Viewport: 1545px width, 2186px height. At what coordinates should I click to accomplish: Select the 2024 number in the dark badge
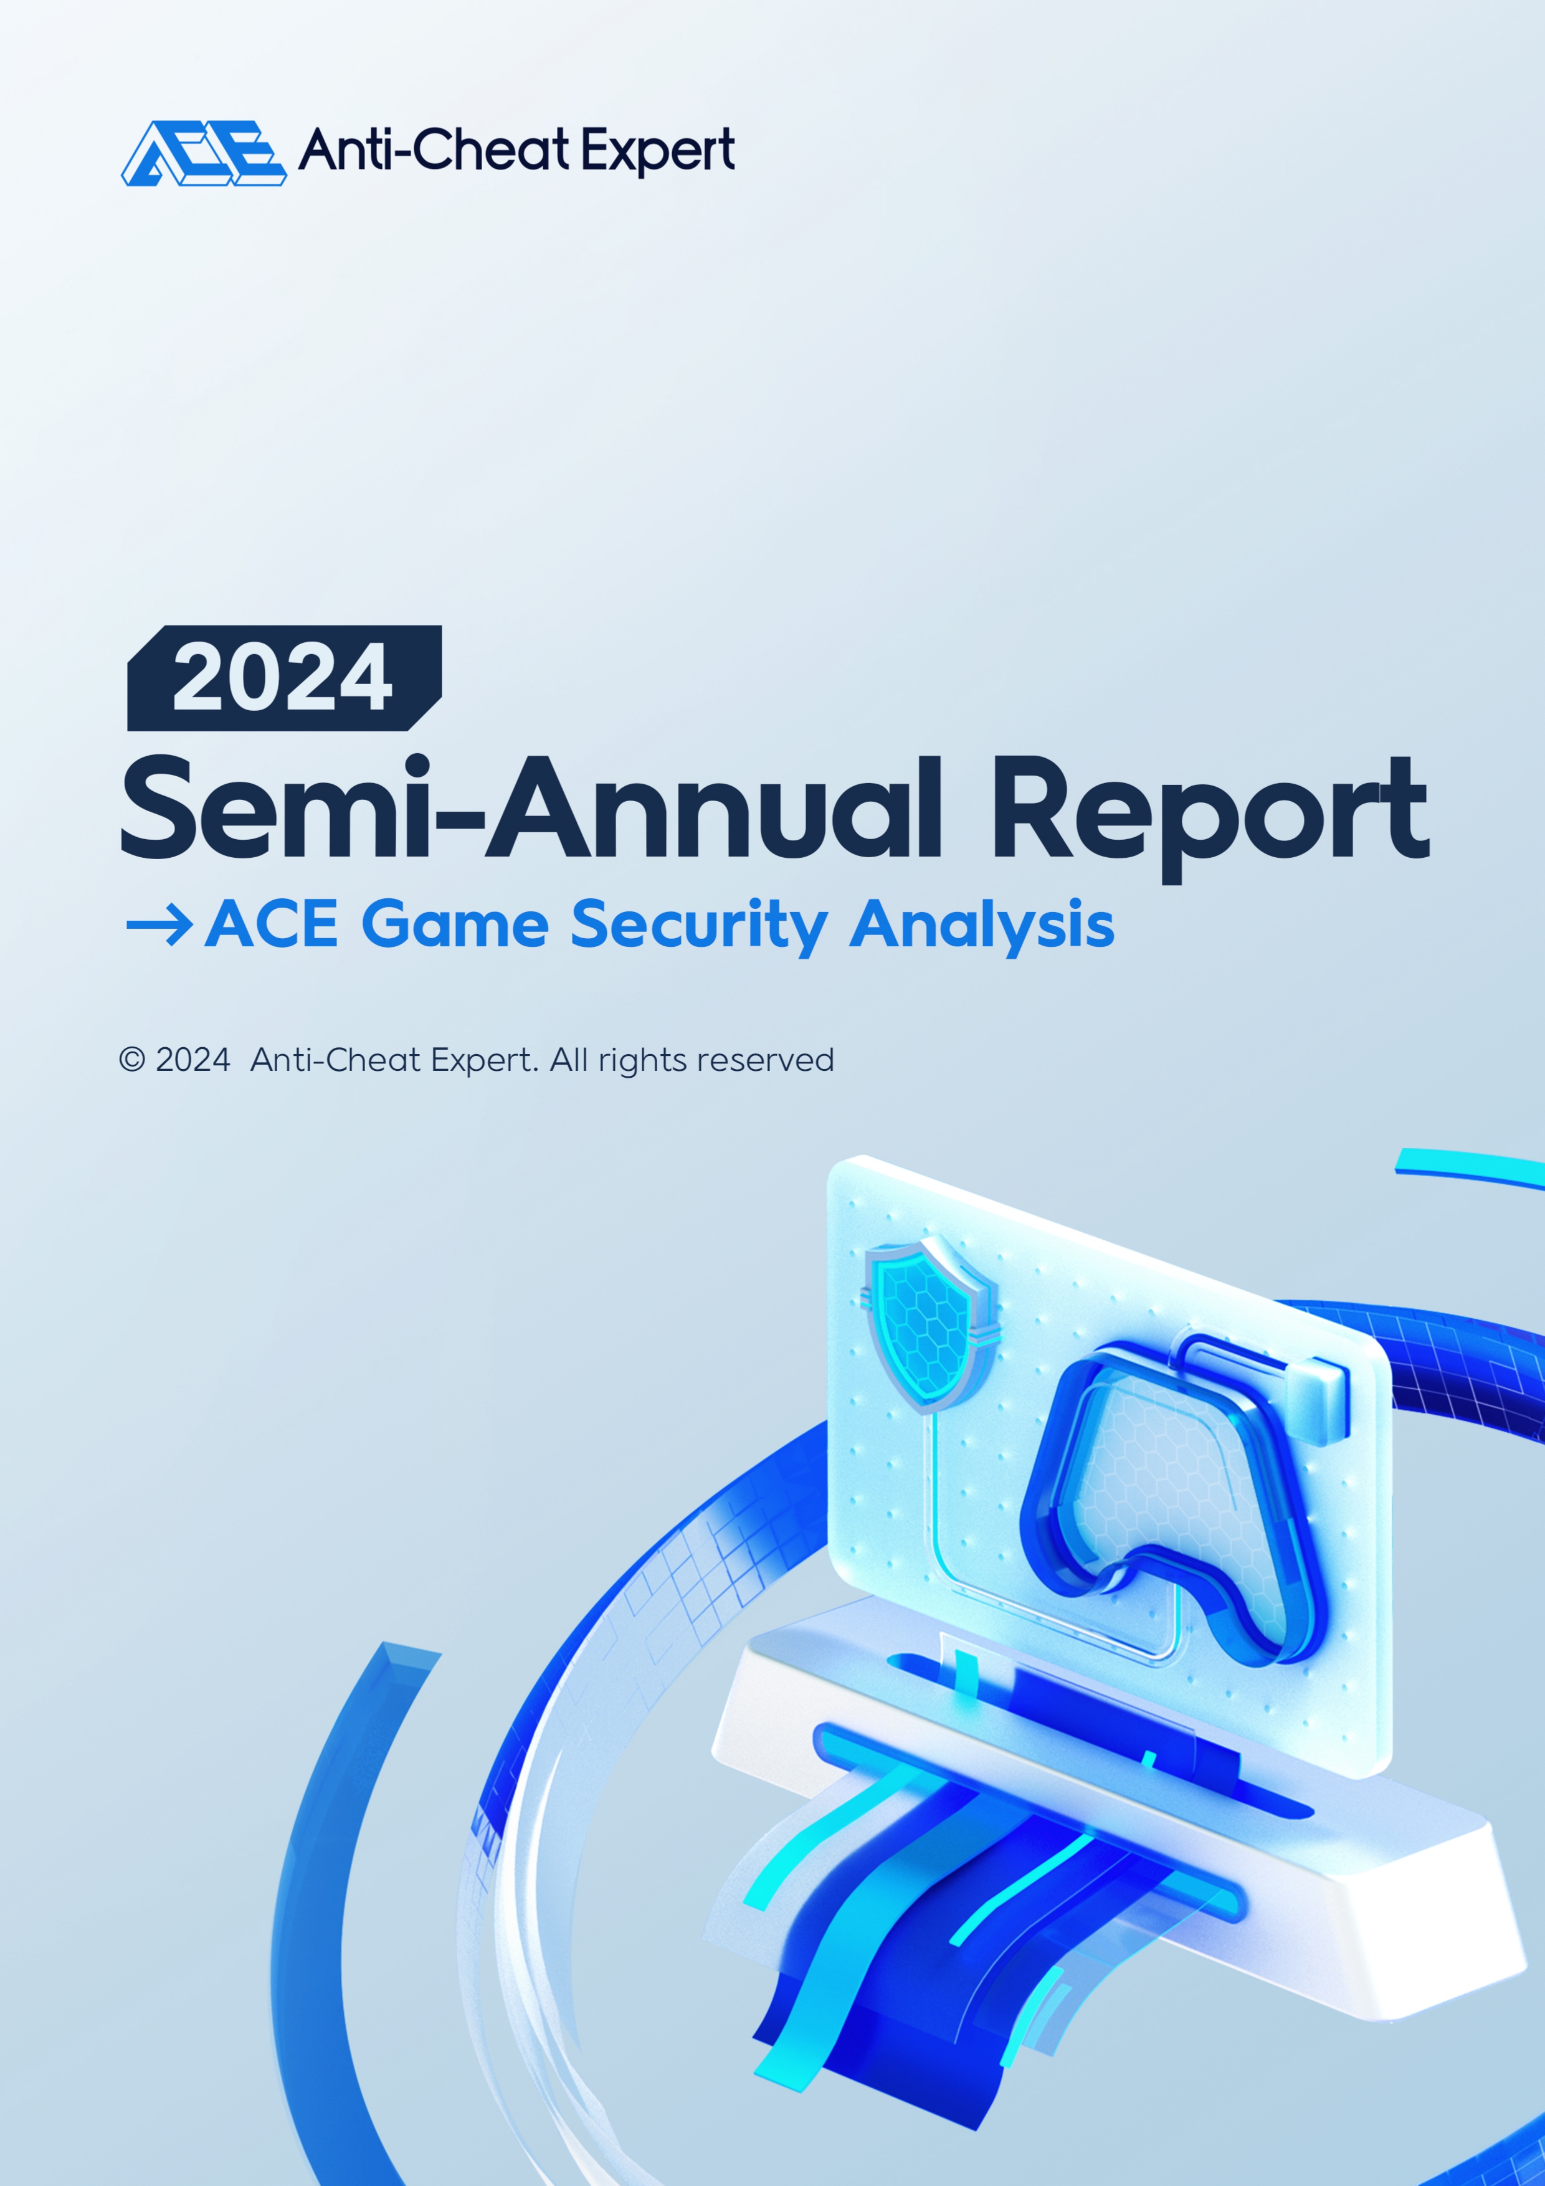coord(282,677)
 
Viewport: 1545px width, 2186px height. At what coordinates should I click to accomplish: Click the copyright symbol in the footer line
coord(131,1060)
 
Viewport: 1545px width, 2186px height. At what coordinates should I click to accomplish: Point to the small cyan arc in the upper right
coord(1470,1168)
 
